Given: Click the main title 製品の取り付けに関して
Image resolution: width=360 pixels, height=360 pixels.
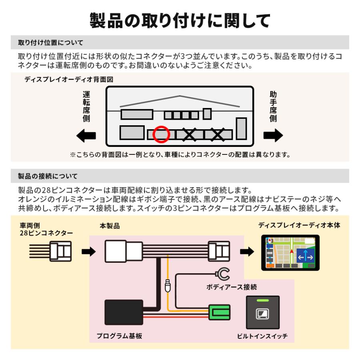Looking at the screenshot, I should pyautogui.click(x=180, y=20).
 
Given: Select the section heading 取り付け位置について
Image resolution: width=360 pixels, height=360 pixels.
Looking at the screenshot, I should pyautogui.click(x=51, y=42).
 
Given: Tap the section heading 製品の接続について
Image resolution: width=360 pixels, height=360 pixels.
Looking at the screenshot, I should pyautogui.click(x=48, y=176).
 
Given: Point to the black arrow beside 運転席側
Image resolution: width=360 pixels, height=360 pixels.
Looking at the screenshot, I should pyautogui.click(x=86, y=136).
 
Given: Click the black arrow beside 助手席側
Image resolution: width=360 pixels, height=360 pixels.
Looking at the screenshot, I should pyautogui.click(x=273, y=136).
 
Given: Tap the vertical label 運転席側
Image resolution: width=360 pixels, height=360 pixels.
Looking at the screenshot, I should pyautogui.click(x=86, y=106).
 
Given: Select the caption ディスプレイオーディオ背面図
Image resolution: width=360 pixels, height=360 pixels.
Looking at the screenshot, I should pyautogui.click(x=69, y=80).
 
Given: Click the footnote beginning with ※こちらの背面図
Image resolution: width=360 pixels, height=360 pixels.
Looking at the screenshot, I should pyautogui.click(x=180, y=154).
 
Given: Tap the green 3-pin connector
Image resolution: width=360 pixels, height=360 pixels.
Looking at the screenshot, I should pyautogui.click(x=219, y=312).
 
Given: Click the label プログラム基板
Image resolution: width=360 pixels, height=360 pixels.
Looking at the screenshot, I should pyautogui.click(x=119, y=336).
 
